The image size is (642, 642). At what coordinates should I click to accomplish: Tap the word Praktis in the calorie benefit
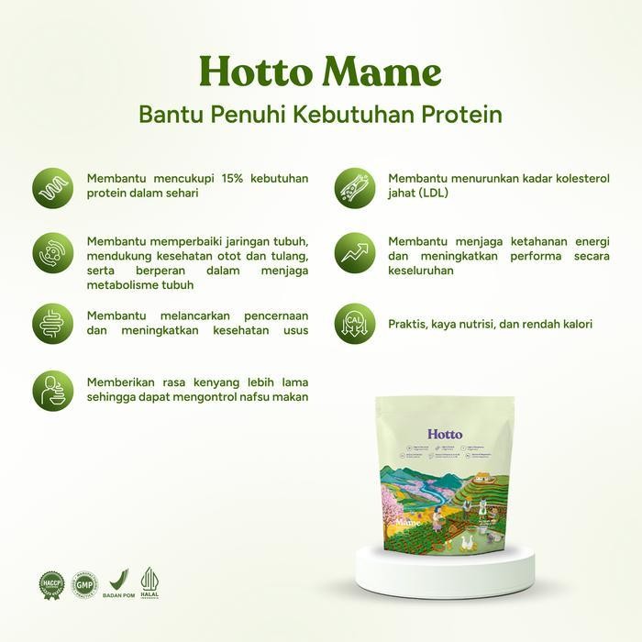coord(408,324)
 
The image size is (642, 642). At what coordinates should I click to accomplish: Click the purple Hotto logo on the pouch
coord(445,433)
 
